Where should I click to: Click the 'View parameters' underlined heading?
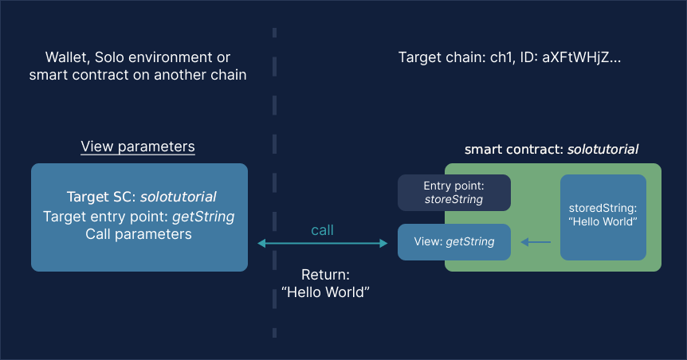(x=138, y=147)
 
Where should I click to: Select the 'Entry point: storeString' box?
(x=453, y=193)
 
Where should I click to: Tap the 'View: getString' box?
(x=453, y=242)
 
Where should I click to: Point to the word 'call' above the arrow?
(x=322, y=230)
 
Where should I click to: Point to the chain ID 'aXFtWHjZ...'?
(x=579, y=58)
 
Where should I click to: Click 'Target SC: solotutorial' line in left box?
(x=141, y=197)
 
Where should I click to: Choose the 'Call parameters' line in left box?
(x=139, y=235)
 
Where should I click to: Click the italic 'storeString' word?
(x=453, y=200)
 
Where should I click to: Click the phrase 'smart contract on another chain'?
(x=138, y=76)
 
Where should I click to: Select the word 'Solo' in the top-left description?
(x=112, y=58)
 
